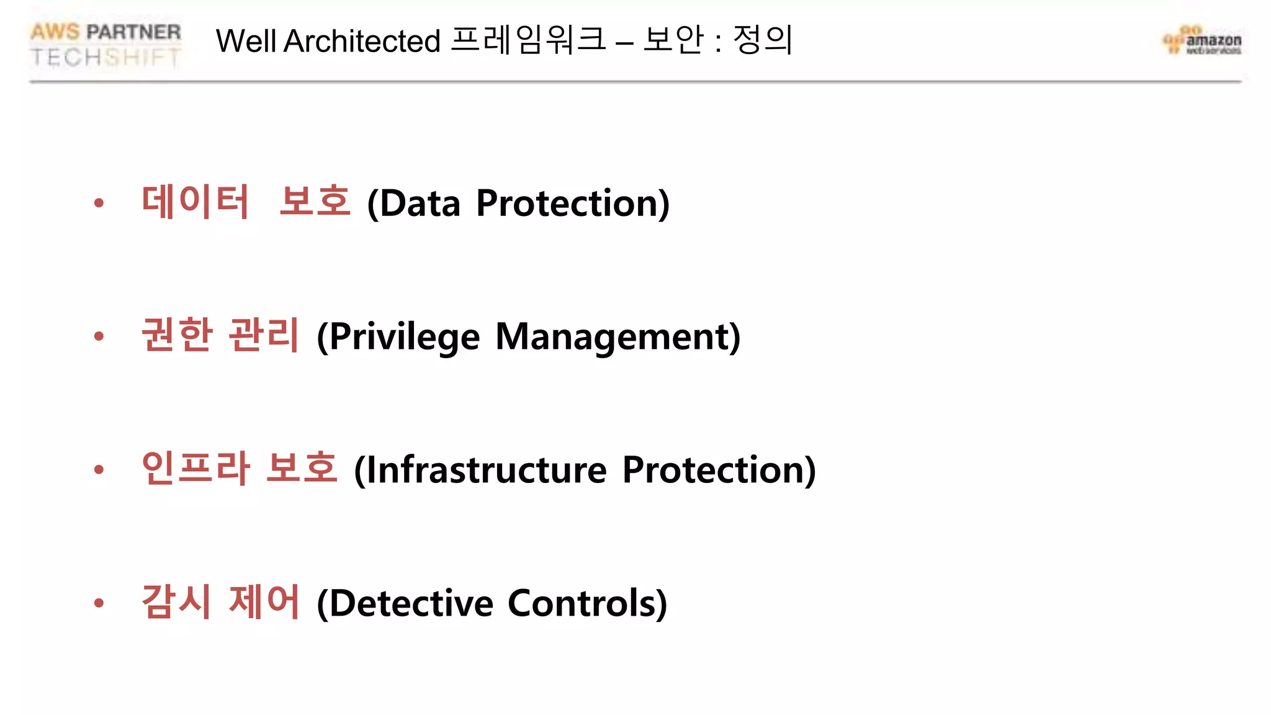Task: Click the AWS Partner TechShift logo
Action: [106, 44]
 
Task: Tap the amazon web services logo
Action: [1203, 41]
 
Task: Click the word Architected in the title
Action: [362, 42]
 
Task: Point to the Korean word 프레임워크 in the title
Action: [528, 40]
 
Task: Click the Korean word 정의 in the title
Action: [763, 40]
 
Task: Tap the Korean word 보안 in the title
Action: [674, 40]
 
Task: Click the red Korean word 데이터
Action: [195, 202]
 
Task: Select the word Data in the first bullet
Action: [420, 204]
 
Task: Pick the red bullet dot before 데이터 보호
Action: [99, 203]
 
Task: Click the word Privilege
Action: [404, 337]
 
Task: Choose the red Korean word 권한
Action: [177, 335]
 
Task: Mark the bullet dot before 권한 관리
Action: [99, 336]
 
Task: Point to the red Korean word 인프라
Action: [195, 469]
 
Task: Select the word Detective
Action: [411, 603]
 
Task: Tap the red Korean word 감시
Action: [177, 602]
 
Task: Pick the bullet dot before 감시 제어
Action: [99, 603]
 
